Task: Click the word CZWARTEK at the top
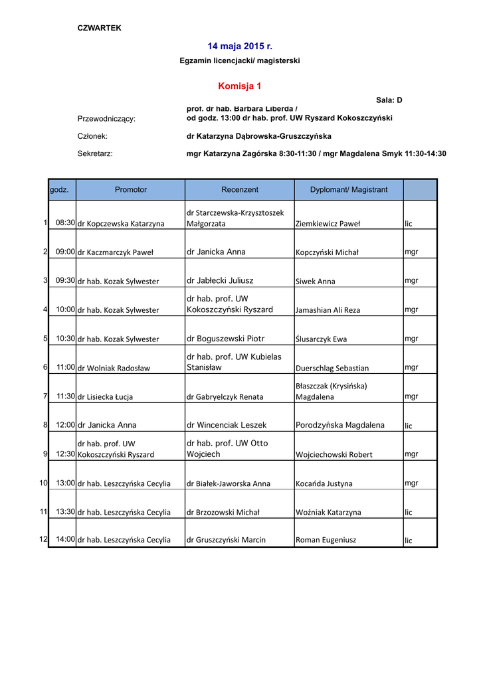coord(100,28)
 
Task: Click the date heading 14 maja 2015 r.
coord(240,46)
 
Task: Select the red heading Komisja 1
coord(240,86)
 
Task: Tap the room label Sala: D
coord(389,100)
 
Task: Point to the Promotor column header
coord(130,190)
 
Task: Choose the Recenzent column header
coord(240,190)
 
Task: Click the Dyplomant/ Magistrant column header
coord(348,190)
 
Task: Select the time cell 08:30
coord(65,223)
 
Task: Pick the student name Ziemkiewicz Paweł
coord(328,224)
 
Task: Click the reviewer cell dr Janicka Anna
coord(216,252)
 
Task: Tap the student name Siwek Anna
coord(316,282)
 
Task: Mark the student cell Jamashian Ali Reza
coord(328,310)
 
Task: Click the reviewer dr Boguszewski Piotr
coord(226,339)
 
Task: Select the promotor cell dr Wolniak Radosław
coord(114,368)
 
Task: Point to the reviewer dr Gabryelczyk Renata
coord(225,397)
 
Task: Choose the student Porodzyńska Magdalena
coord(340,425)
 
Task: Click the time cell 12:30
coord(65,454)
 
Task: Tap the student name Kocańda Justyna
coord(324,484)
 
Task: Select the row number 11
coord(43,512)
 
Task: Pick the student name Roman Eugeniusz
coord(326,540)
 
